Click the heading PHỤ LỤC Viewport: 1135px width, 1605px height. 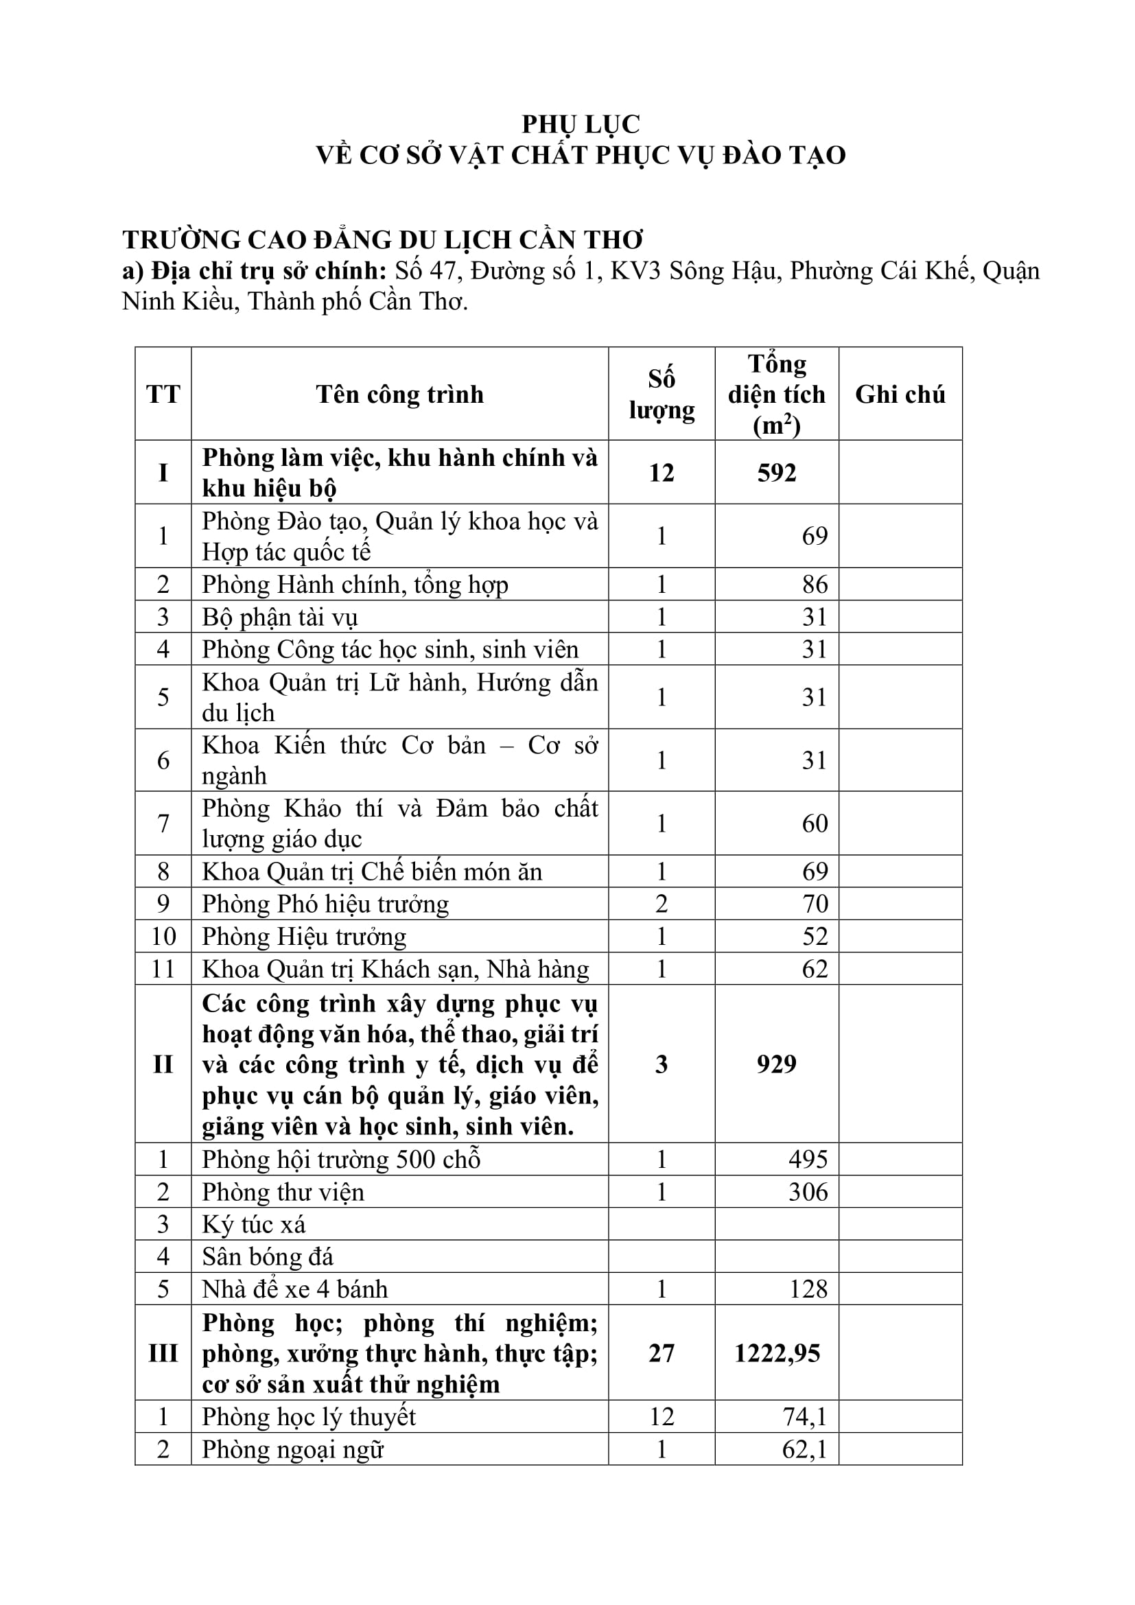pyautogui.click(x=580, y=124)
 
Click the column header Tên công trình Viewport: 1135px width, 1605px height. pyautogui.click(x=399, y=395)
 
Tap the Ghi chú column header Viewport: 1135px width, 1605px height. pyautogui.click(x=900, y=395)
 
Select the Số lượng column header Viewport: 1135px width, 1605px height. pyautogui.click(x=661, y=395)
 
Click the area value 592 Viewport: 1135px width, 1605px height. pyautogui.click(x=777, y=473)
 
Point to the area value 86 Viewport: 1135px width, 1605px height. pyautogui.click(x=815, y=585)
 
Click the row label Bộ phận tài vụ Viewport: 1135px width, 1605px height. pyautogui.click(x=279, y=618)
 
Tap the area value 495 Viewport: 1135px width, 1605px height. pyautogui.click(x=808, y=1159)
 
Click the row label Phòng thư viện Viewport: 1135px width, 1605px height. pyautogui.click(x=283, y=1192)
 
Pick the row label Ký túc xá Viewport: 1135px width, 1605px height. pyautogui.click(x=254, y=1224)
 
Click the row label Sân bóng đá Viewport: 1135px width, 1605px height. pyautogui.click(x=268, y=1256)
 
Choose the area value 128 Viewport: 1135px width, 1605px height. pyautogui.click(x=808, y=1289)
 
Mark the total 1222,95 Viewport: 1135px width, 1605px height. pyautogui.click(x=777, y=1352)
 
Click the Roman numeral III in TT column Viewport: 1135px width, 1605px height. pyautogui.click(x=163, y=1352)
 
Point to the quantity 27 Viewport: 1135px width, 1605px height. pyautogui.click(x=661, y=1352)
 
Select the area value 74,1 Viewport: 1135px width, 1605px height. pyautogui.click(x=804, y=1416)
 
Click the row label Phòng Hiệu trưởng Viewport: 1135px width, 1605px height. pyautogui.click(x=304, y=936)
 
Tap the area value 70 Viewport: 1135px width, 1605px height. pyautogui.click(x=815, y=904)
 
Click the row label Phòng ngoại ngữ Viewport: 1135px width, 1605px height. pyautogui.click(x=293, y=1449)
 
